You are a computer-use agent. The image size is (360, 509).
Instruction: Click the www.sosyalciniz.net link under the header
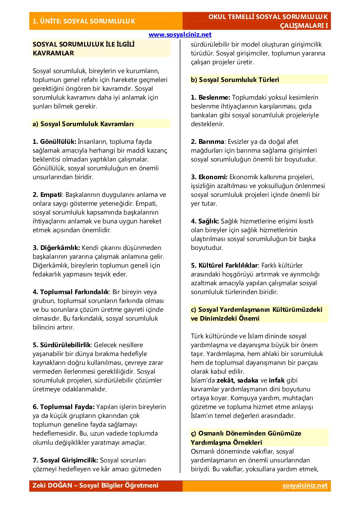coord(180,35)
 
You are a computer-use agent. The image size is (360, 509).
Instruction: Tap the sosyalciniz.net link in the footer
coord(305,486)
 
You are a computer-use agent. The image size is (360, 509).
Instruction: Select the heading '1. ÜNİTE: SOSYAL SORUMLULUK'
coord(84,21)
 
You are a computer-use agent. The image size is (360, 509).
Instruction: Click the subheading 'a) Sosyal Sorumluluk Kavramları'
coord(83,124)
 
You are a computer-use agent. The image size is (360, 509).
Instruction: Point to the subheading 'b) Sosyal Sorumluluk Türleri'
coord(235,80)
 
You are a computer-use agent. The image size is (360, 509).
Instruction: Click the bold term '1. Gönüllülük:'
coord(54,141)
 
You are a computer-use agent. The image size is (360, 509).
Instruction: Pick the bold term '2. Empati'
coord(47,194)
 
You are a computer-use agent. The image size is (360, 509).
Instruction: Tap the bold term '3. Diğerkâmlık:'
coord(56,248)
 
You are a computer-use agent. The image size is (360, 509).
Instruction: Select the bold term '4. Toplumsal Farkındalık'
coord(71,292)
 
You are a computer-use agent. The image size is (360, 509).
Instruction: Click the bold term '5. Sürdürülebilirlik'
coord(62,345)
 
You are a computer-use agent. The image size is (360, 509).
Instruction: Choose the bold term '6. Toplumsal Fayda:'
coord(64,407)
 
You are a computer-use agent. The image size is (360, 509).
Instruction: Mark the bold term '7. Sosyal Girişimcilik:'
coord(65,460)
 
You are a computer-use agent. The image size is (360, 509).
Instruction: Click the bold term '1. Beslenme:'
coord(210,97)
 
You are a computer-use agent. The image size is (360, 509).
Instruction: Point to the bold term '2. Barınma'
coord(208,141)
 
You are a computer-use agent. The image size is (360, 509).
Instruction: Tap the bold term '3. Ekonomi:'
coord(209,177)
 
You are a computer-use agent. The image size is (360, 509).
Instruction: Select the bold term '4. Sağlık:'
coord(205,221)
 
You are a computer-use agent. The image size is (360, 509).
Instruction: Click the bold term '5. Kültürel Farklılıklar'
coord(224,265)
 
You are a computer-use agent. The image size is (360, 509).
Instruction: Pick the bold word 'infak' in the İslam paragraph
coord(277,380)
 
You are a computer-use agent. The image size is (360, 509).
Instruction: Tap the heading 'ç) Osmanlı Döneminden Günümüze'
coord(246,433)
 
